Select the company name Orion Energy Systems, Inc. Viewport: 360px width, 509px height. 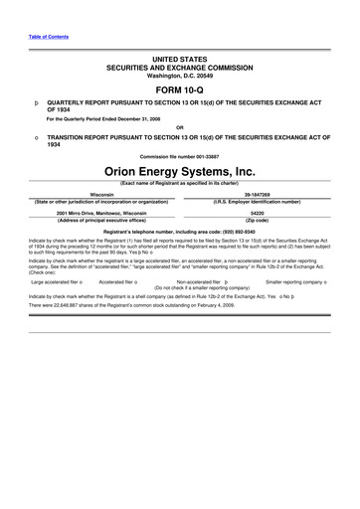coord(179,171)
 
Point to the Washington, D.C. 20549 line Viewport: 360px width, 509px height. coord(179,76)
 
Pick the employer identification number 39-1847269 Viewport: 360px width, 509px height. coord(257,195)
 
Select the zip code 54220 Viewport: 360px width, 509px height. coord(257,213)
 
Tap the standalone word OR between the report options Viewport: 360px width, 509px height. coord(179,127)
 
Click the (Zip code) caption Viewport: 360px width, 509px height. coord(257,220)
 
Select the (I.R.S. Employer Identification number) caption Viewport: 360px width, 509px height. coord(257,202)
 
